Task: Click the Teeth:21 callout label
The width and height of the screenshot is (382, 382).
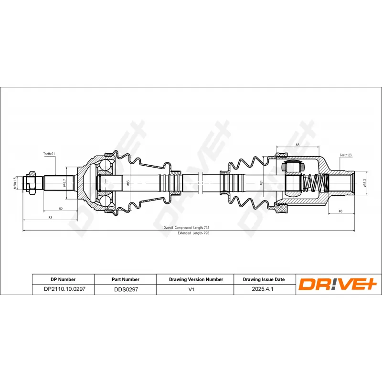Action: point(50,154)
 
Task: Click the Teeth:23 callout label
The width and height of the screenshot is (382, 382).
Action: point(346,155)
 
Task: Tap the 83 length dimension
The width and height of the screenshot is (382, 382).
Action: point(50,218)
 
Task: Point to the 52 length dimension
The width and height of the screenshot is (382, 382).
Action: point(61,208)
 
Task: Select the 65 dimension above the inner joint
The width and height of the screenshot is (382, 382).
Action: point(297,145)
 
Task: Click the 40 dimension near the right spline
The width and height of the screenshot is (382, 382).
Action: point(340,211)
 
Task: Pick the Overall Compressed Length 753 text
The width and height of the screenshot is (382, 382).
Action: point(186,228)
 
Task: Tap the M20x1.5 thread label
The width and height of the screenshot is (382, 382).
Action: point(15,183)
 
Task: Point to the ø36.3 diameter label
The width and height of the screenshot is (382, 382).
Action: point(364,183)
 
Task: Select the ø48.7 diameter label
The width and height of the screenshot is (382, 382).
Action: point(64,182)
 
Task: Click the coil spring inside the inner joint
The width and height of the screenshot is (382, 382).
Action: point(315,182)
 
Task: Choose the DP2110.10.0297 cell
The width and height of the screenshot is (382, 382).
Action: point(63,289)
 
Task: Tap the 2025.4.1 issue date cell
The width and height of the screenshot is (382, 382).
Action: point(264,289)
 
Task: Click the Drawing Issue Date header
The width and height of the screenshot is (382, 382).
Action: point(264,279)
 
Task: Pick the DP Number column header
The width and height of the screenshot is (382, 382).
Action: point(63,279)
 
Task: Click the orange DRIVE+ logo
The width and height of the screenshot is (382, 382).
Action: point(338,285)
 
